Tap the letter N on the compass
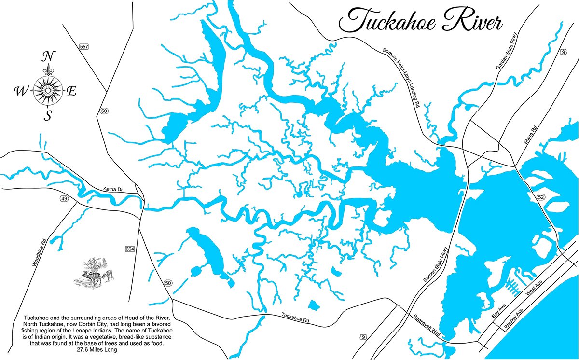click(48, 57)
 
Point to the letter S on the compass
click(48, 116)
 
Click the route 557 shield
click(84, 46)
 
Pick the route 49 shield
click(64, 198)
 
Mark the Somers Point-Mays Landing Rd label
click(401, 77)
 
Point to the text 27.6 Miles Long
click(96, 350)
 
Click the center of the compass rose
click(48, 90)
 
